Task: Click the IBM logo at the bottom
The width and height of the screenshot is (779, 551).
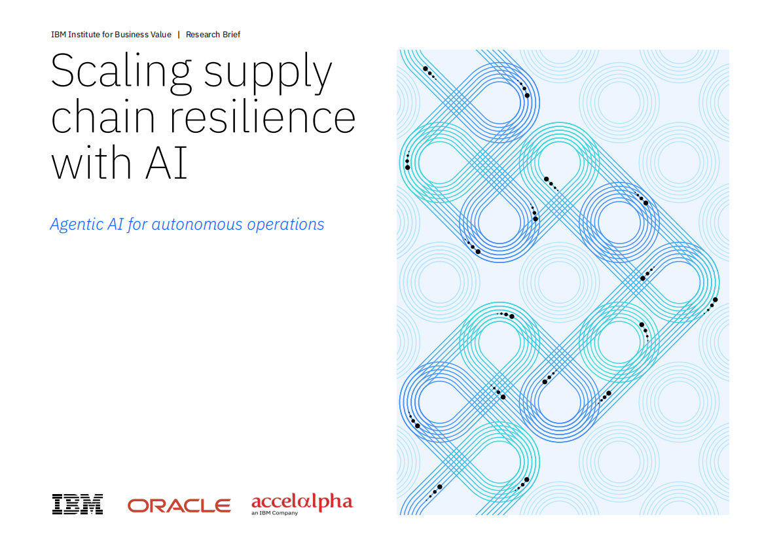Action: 77,505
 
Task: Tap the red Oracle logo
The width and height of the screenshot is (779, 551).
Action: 179,506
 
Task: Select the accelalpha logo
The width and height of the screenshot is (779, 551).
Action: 302,504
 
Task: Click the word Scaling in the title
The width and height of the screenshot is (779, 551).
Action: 121,73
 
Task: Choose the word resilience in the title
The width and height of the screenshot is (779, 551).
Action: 263,116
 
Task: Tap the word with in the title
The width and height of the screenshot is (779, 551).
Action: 92,162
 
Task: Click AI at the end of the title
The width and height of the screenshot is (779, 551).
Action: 166,162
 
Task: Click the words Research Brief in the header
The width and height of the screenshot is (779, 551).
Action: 213,35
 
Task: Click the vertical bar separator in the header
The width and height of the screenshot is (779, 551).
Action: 179,35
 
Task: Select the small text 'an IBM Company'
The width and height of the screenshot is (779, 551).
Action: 275,513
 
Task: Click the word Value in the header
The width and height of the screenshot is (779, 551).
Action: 161,35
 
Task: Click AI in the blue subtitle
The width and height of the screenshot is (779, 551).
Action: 115,224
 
